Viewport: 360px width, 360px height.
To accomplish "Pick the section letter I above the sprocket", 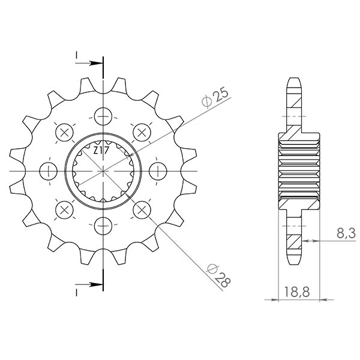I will click(77, 56).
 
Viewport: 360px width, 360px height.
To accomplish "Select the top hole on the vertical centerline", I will click(103, 115).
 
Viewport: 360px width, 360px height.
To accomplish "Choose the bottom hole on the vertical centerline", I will click(103, 226).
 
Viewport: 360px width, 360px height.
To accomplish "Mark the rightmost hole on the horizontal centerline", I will click(158, 171).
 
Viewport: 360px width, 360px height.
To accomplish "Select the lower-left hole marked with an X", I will click(64, 210).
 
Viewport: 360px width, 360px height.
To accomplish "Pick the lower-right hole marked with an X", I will click(142, 210).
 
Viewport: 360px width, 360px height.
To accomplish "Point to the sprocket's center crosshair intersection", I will click(103, 171).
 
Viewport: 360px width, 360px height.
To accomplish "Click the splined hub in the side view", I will click(299, 171).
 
